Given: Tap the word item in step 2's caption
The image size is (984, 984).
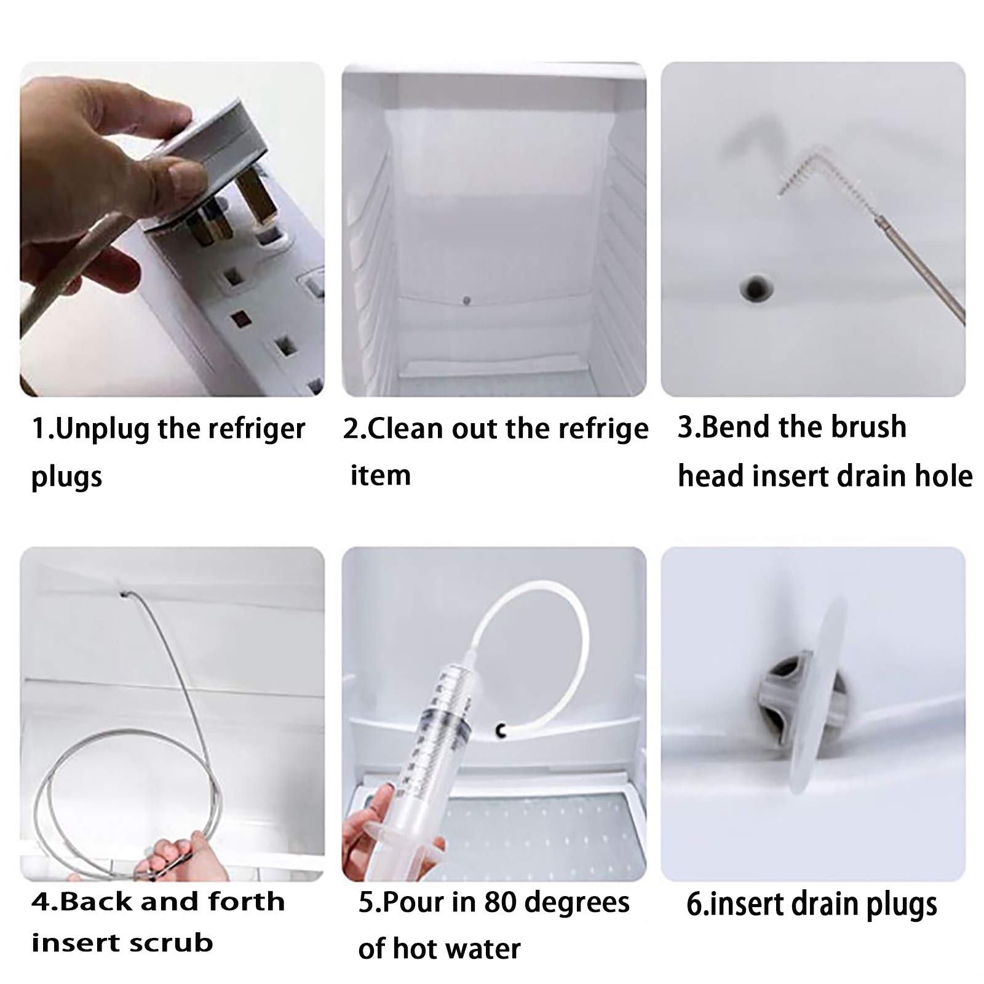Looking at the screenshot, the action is [x=380, y=476].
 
